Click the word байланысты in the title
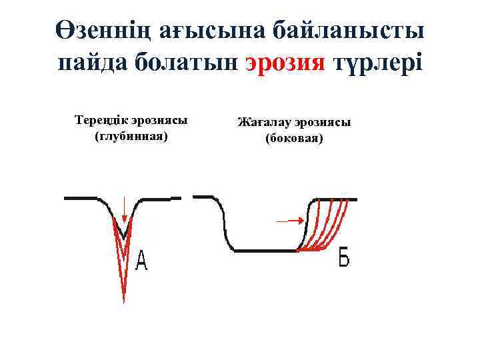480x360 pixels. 351,30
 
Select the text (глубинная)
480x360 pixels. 131,136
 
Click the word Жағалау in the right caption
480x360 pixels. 261,123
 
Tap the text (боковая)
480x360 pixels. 294,139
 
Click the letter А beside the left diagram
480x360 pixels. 141,261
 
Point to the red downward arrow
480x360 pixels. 123,209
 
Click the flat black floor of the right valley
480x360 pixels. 263,251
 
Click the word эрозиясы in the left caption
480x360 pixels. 159,121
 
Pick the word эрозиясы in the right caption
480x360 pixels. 319,123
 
